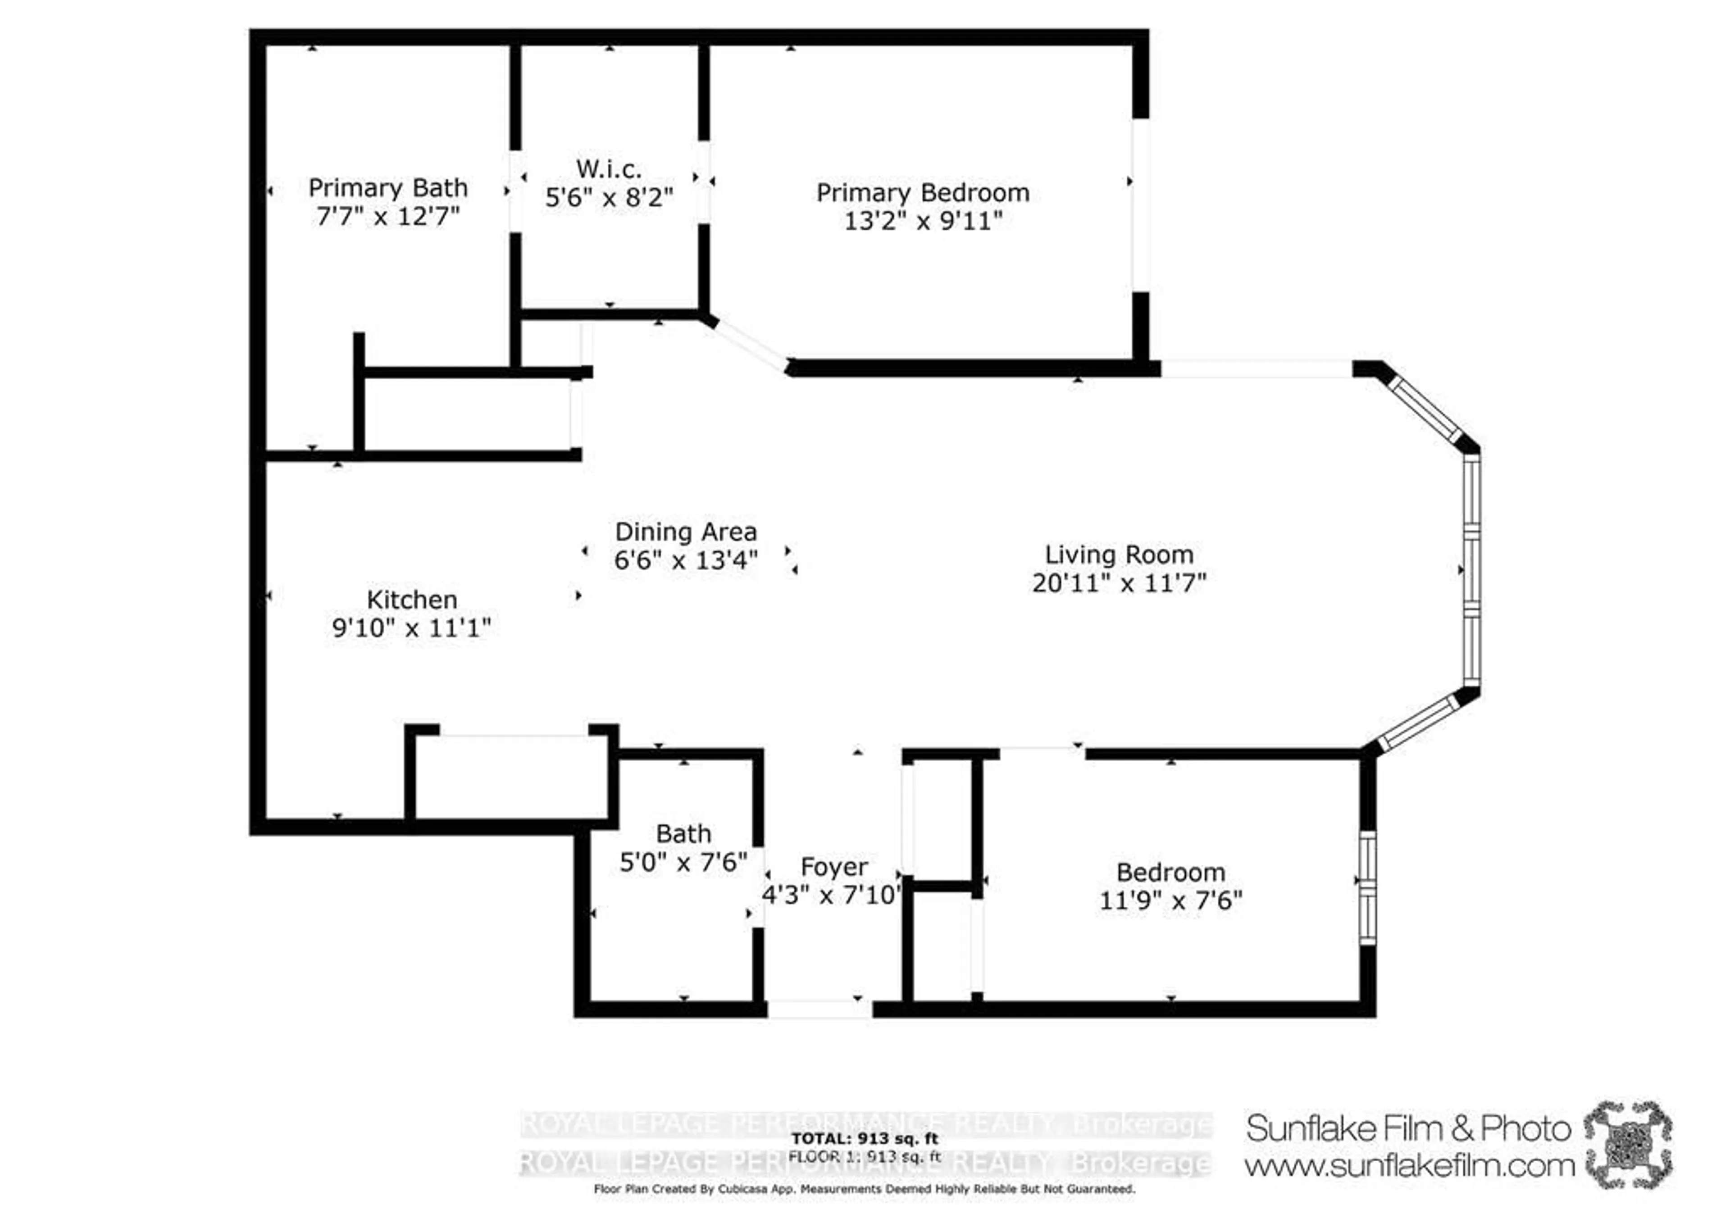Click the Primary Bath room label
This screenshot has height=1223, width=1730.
point(388,188)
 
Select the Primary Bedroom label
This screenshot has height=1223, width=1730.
point(923,193)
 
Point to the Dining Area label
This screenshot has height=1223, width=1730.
point(686,532)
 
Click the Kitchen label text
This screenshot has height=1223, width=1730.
point(411,600)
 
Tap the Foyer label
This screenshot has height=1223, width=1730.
point(833,867)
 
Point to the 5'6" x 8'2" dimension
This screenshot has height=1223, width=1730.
point(609,197)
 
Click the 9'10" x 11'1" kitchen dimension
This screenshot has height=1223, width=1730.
point(411,627)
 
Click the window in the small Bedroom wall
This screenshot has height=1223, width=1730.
point(1367,887)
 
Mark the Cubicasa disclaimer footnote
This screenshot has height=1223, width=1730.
point(864,1189)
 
